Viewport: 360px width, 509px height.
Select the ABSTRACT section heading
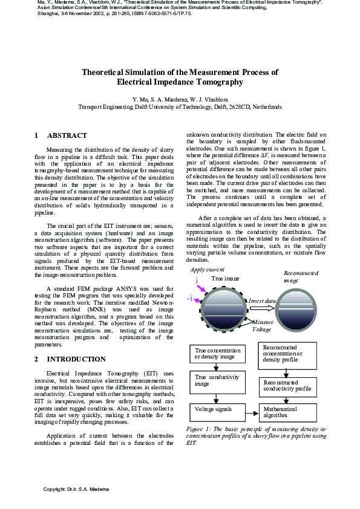67,135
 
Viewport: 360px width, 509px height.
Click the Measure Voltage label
262,326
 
